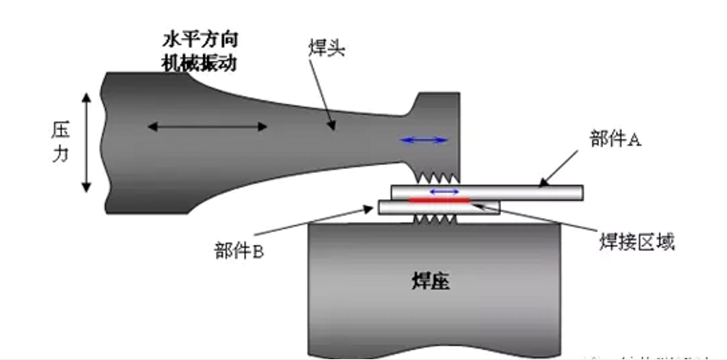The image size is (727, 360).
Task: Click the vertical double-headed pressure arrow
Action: [x=86, y=142]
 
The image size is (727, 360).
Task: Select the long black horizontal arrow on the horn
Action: [x=207, y=127]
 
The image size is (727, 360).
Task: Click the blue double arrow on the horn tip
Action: [x=424, y=140]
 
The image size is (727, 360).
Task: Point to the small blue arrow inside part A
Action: [x=445, y=191]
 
